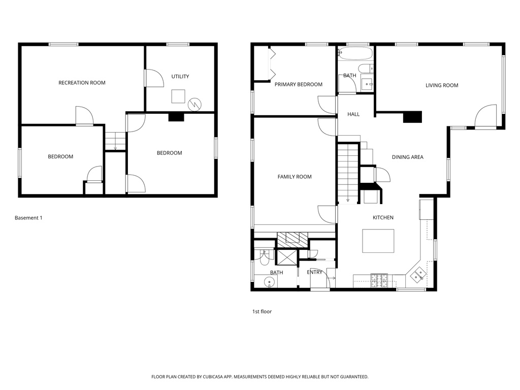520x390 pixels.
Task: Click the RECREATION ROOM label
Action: coord(82,83)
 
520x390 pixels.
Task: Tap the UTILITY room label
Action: coord(180,77)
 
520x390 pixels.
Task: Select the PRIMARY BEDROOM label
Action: coord(298,84)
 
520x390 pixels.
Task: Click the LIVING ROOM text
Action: coord(442,85)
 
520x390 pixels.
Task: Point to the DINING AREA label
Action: coord(407,157)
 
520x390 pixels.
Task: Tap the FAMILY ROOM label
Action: coord(295,177)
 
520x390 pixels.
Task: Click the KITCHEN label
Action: coord(383,218)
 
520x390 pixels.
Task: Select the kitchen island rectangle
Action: coord(378,241)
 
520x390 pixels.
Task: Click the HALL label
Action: coord(353,114)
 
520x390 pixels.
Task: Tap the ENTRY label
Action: coord(315,272)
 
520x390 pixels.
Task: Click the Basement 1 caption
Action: coord(28,218)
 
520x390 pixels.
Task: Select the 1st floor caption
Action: coord(262,311)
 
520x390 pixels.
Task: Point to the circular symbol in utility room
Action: coord(195,104)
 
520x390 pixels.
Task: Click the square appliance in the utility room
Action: coord(178,96)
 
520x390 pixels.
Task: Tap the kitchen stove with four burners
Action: coord(379,280)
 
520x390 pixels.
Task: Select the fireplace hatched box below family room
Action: coord(292,238)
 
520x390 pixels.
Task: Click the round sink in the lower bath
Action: coord(270,282)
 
